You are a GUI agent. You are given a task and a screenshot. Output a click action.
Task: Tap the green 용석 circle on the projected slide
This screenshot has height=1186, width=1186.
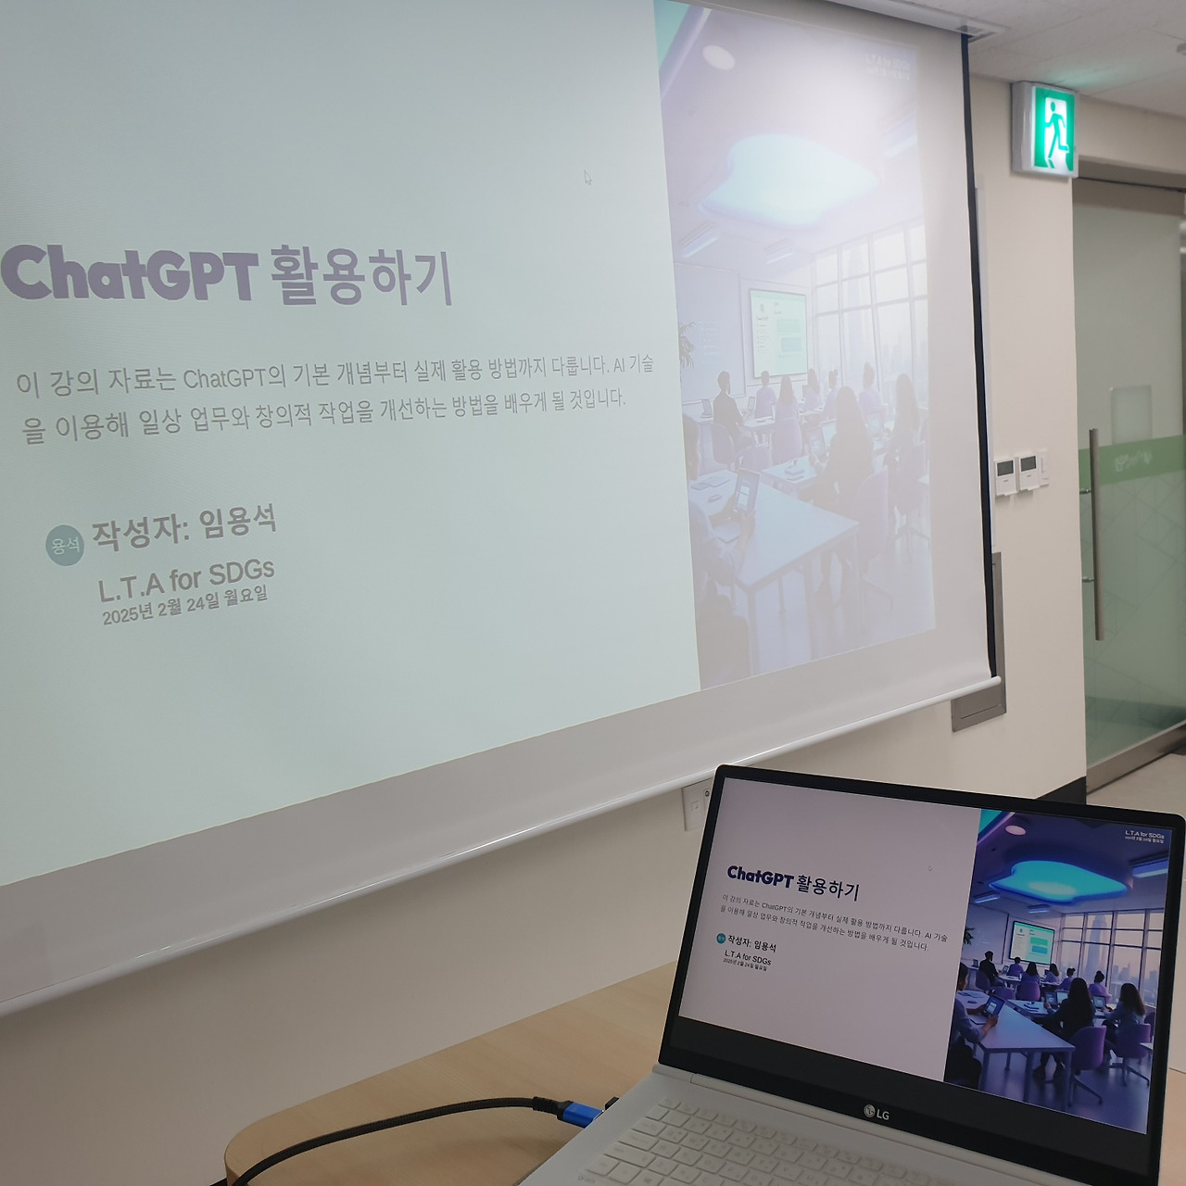pos(64,545)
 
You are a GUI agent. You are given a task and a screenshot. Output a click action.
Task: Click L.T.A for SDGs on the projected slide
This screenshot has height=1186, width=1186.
pos(186,580)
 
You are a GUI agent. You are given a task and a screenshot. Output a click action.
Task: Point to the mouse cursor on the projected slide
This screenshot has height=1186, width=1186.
pos(587,177)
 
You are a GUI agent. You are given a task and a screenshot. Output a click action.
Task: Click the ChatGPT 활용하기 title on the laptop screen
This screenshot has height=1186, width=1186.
pos(793,881)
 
